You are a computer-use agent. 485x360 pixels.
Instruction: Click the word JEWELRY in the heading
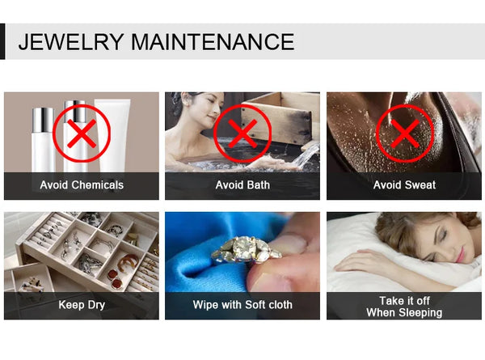coord(71,42)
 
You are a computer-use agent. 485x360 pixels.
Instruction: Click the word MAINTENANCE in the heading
coord(213,42)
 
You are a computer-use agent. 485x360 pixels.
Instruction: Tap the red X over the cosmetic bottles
coord(82,133)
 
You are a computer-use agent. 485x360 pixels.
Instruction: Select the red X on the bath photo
coord(242,133)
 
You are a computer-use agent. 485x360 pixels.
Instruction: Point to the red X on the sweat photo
coord(405,133)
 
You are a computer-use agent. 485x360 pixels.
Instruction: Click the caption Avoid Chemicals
coord(82,184)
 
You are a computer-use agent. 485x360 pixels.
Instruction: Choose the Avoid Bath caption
coord(242,184)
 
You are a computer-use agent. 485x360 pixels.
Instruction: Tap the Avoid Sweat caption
coord(404,184)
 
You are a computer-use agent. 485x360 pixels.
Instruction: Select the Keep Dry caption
coord(82,305)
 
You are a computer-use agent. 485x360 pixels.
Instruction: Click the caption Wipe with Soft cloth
coord(242,305)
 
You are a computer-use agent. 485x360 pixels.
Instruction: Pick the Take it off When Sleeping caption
coord(404,307)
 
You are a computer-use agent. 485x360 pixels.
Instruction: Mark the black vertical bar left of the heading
coord(2,41)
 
